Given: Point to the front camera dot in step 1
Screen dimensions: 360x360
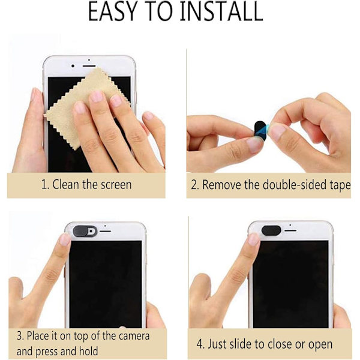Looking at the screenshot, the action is pos(73,66).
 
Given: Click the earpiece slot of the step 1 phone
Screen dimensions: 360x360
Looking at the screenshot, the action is pos(89,66).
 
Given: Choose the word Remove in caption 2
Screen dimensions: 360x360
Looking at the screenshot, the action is pos(222,185).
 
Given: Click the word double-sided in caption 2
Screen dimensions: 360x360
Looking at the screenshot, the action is pos(295,185).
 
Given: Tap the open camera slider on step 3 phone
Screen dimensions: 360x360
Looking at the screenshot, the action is pos(85,231).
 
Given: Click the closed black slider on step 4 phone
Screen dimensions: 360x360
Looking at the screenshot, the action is pos(271,230).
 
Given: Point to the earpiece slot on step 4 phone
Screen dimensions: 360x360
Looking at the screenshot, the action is pos(290,230).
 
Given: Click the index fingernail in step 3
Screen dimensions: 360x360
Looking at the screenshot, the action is pos(65,239).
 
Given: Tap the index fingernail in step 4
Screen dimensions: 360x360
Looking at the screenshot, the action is pos(254,239).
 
